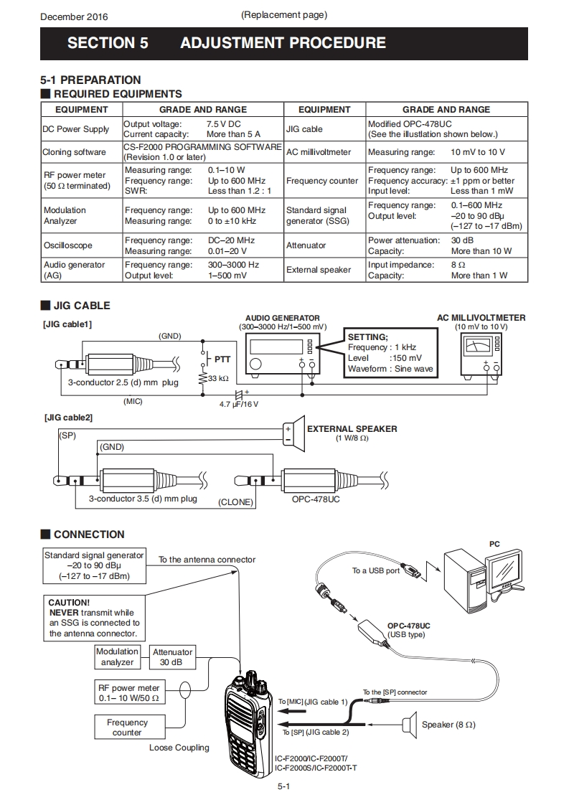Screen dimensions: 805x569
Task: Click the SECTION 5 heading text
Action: (x=108, y=43)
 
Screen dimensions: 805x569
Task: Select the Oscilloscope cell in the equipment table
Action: (x=67, y=245)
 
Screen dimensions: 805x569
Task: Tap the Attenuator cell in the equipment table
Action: (x=306, y=245)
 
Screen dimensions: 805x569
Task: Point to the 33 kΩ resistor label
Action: (x=218, y=379)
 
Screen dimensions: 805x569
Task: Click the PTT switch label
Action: (x=222, y=358)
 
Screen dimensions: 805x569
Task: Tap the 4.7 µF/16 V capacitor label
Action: (x=239, y=404)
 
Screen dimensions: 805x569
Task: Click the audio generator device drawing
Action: (x=279, y=354)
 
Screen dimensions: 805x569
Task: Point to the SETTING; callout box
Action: (x=390, y=352)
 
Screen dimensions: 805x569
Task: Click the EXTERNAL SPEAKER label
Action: (x=352, y=429)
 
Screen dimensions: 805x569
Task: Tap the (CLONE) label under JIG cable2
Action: (x=236, y=502)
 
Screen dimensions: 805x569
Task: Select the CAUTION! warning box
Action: (x=94, y=618)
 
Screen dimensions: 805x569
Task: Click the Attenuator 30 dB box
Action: (x=172, y=657)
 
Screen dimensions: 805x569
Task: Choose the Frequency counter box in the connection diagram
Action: (x=127, y=728)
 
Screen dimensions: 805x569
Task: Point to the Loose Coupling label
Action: (x=179, y=748)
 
